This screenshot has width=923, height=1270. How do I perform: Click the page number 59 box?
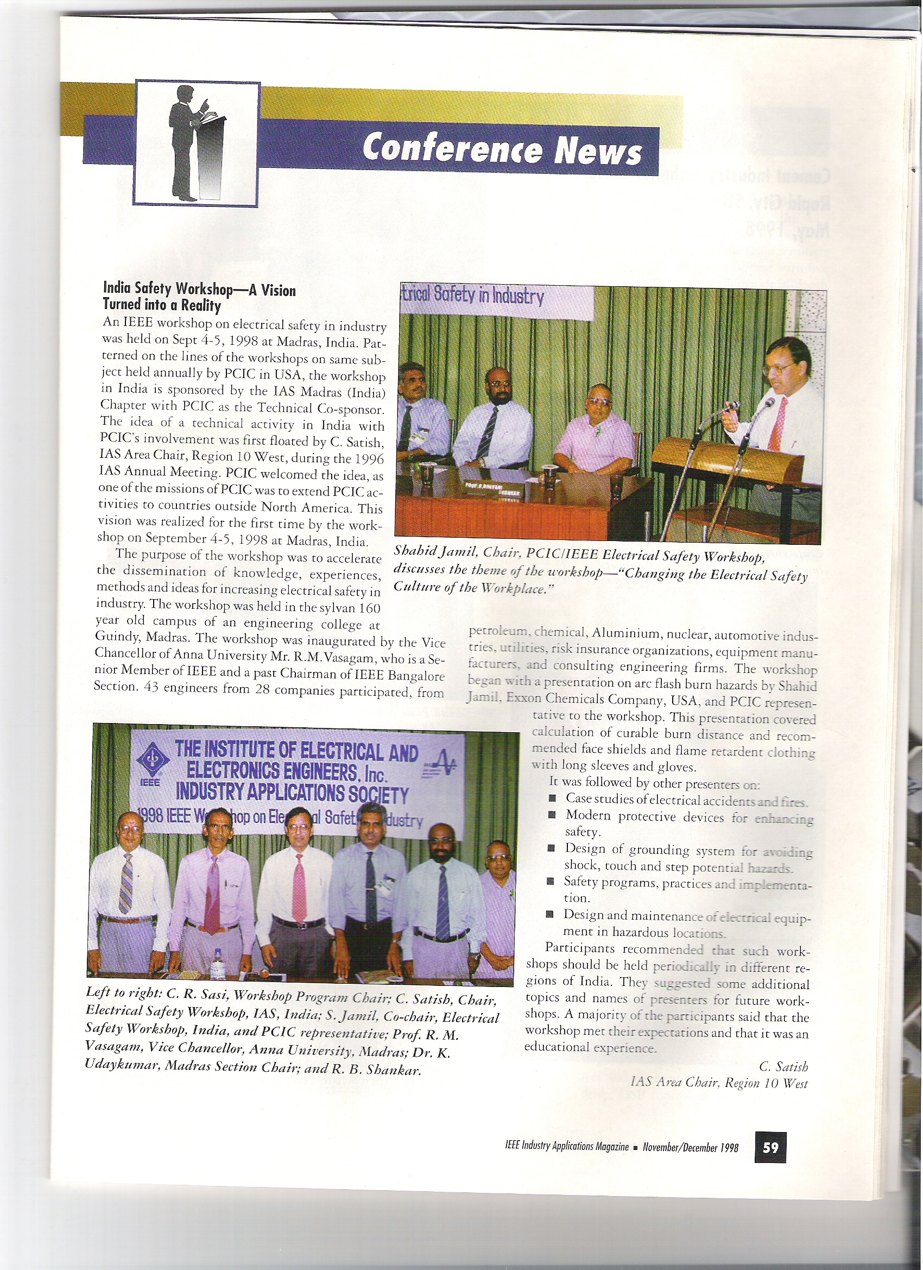pos(770,1147)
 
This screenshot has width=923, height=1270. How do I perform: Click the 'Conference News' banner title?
pos(502,149)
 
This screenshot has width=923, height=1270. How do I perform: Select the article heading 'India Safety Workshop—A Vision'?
pos(199,290)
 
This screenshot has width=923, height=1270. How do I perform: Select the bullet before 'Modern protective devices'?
pos(553,815)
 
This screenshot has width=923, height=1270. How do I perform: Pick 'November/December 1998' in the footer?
pos(690,1148)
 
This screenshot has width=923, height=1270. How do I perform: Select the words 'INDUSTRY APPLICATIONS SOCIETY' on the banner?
pos(292,794)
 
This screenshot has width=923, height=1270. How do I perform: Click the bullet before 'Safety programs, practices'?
pos(551,882)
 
